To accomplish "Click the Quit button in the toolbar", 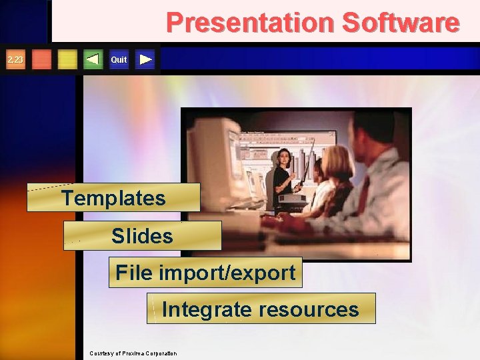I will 119,60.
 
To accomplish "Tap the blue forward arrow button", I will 146,60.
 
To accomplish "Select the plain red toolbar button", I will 41,60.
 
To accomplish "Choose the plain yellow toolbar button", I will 67,60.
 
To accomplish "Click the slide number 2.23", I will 15,60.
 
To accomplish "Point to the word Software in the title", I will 400,23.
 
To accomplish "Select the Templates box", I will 113,198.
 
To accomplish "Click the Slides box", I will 142,236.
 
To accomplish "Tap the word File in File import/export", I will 132,273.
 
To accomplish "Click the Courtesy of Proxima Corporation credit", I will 133,353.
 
